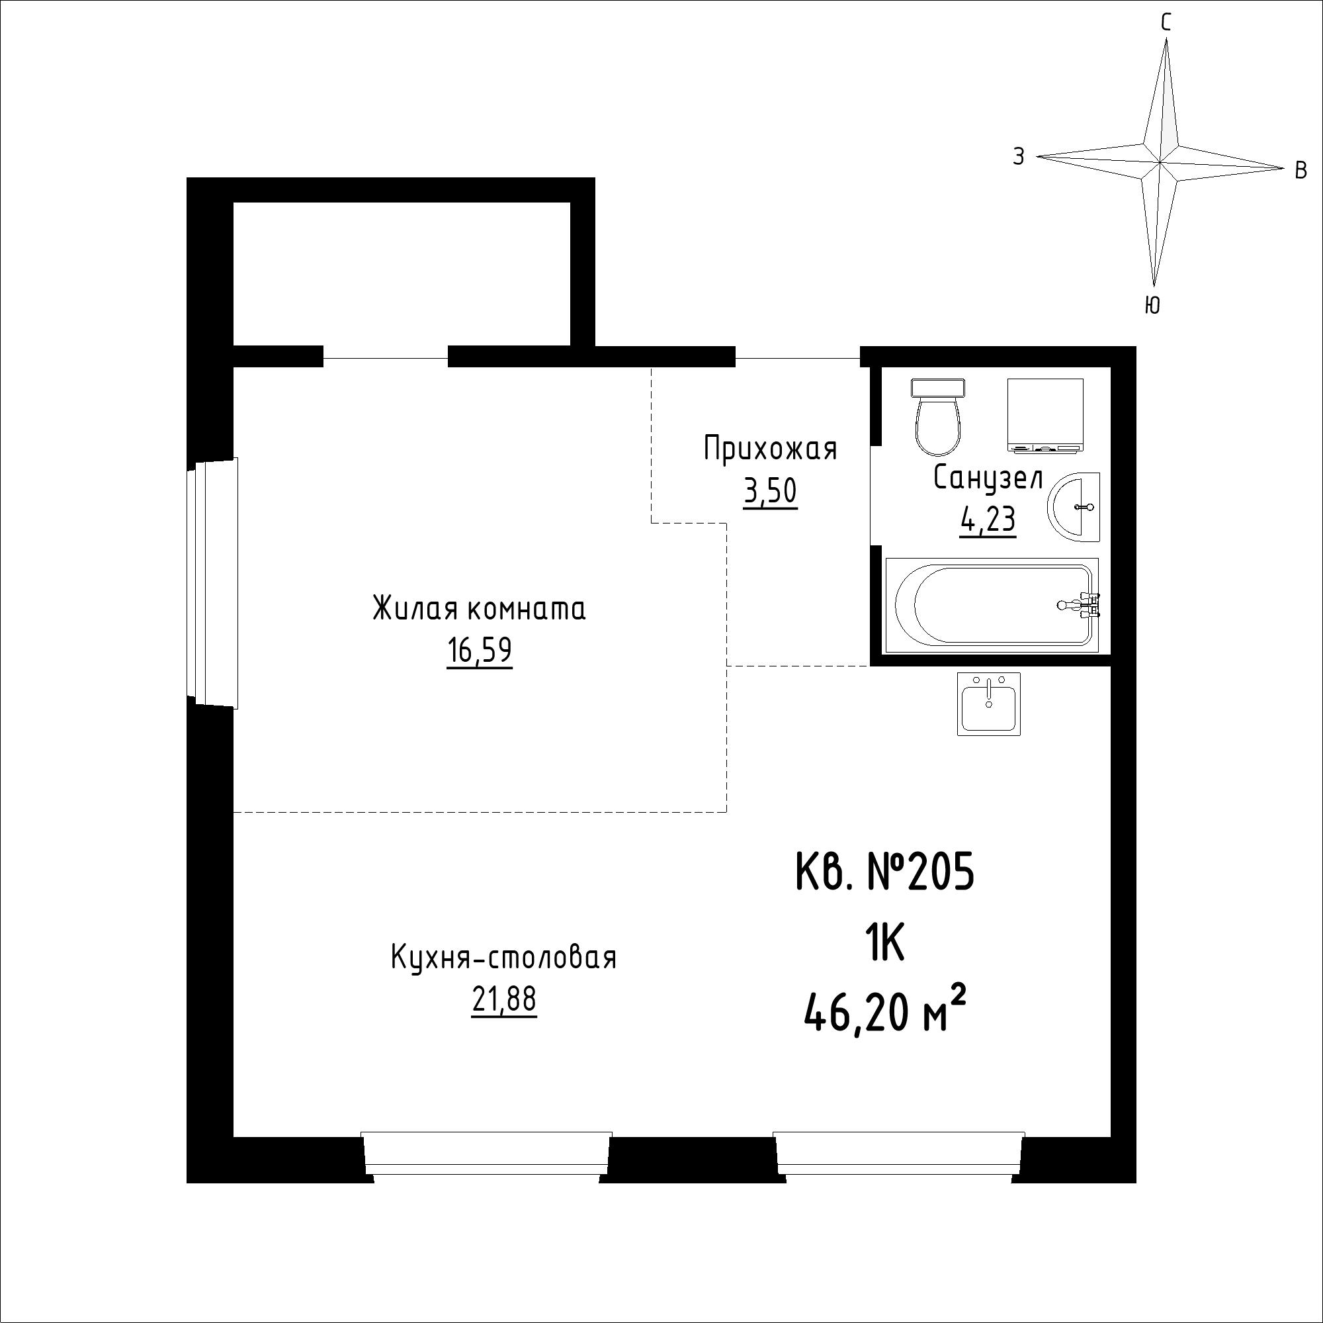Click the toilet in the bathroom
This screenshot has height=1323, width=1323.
coord(937,417)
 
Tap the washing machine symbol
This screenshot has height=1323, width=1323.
coord(1046,416)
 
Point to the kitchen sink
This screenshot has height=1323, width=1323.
coord(989,704)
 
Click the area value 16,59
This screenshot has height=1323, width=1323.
coord(480,651)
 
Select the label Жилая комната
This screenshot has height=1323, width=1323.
coord(480,609)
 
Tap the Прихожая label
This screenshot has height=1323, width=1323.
coord(771,450)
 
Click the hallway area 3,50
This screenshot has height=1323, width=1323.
coord(771,491)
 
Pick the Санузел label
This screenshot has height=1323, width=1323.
coord(988,479)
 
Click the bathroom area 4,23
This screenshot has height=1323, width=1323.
coord(988,521)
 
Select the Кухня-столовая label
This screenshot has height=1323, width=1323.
coord(504,957)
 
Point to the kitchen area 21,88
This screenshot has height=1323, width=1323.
coord(504,1000)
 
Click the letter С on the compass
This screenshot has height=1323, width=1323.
coord(1166,23)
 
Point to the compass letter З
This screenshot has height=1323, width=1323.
coord(1019,157)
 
